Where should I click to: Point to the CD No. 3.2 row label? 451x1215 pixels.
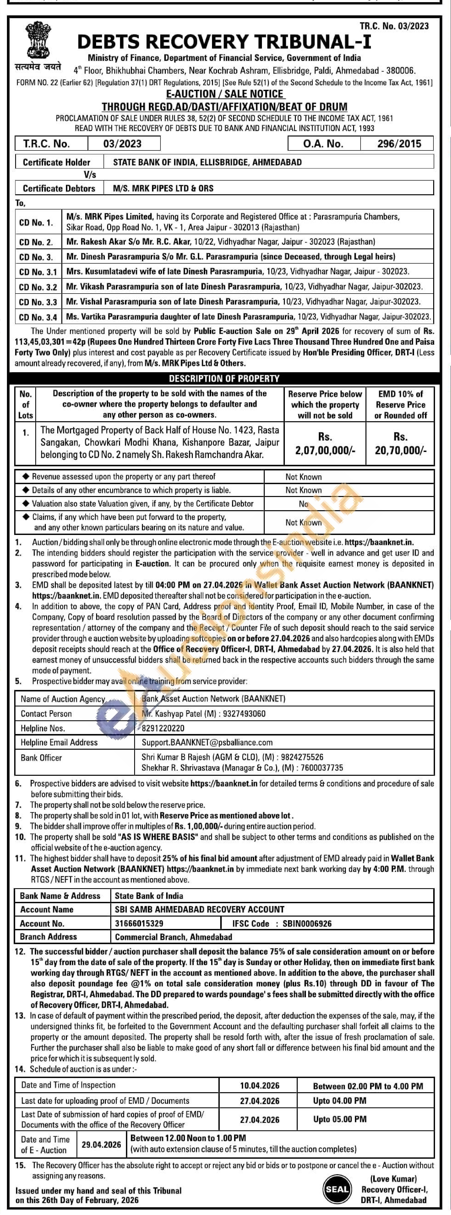coord(38,287)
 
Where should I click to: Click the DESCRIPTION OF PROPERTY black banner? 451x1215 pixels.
coord(224,378)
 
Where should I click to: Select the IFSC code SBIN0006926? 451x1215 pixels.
coord(307,923)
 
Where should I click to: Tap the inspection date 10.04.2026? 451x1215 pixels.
coord(260,1086)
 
